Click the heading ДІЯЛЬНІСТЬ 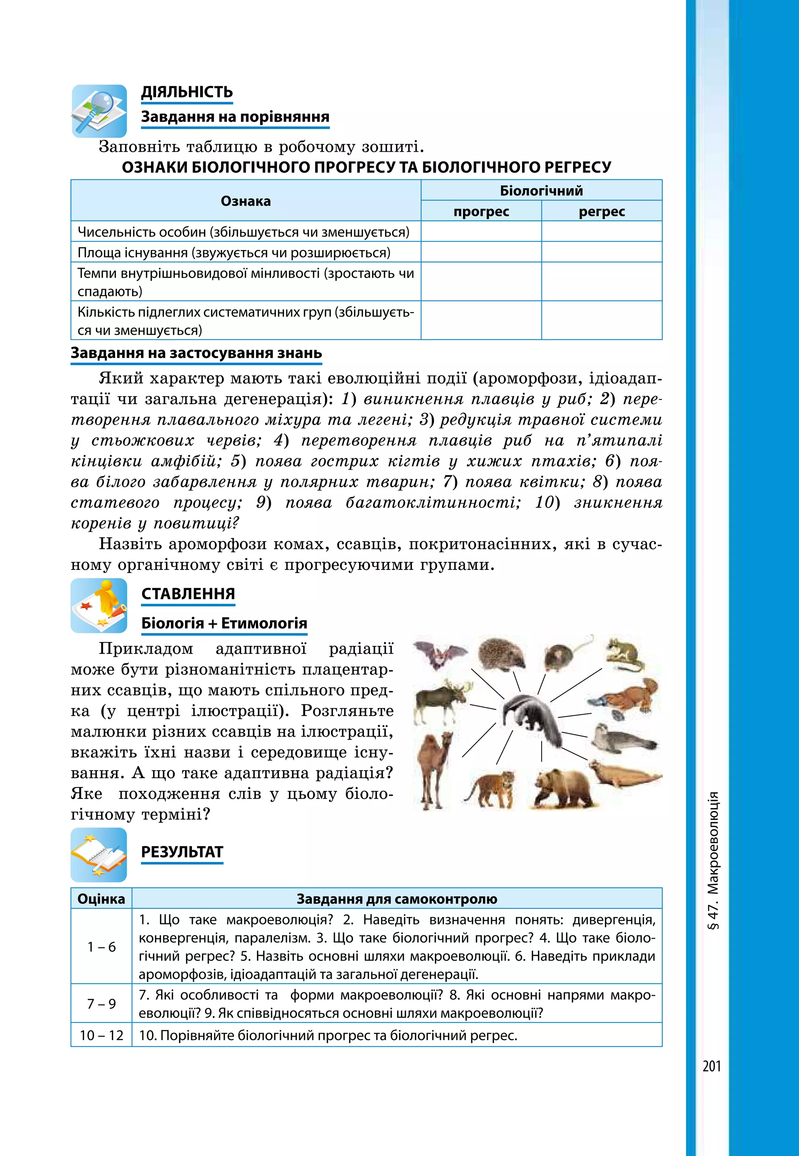pyautogui.click(x=187, y=92)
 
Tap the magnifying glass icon pyautogui.click(x=99, y=111)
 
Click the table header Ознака pyautogui.click(x=245, y=201)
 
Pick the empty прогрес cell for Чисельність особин pyautogui.click(x=481, y=232)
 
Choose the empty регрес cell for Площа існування pyautogui.click(x=601, y=252)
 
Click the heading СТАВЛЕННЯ pyautogui.click(x=188, y=594)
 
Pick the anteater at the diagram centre pyautogui.click(x=534, y=716)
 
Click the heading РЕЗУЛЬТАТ pyautogui.click(x=182, y=852)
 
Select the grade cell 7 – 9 pyautogui.click(x=101, y=1004)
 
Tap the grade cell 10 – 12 pyautogui.click(x=101, y=1035)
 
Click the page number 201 pyautogui.click(x=711, y=1066)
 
